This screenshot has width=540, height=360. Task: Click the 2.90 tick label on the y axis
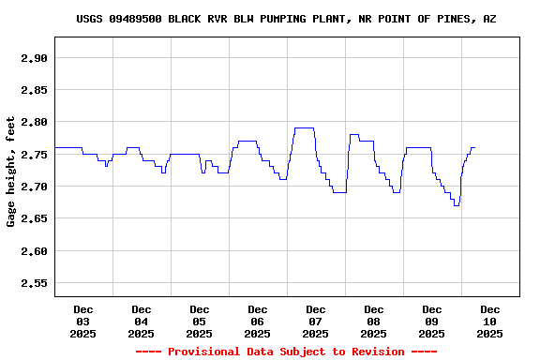(34, 58)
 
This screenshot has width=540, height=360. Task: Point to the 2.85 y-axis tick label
(34, 90)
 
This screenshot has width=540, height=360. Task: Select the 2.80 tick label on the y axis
(34, 122)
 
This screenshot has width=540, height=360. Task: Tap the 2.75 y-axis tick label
(34, 155)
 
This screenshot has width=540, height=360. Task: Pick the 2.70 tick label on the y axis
(34, 187)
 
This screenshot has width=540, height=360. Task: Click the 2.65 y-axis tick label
(34, 218)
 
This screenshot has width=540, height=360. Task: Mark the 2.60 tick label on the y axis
(34, 251)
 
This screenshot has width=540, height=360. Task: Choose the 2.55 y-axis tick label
(34, 283)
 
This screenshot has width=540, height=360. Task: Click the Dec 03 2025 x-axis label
(83, 322)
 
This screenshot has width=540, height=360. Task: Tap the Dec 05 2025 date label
(200, 322)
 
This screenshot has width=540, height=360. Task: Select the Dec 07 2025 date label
(316, 322)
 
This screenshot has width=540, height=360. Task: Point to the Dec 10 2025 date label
(490, 322)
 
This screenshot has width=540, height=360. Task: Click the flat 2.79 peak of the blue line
(304, 128)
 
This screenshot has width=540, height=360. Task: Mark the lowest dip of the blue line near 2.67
(457, 205)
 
